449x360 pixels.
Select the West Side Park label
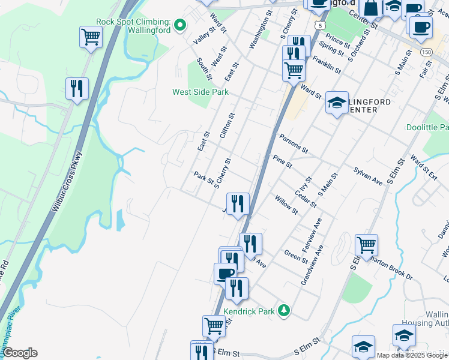pos(200,92)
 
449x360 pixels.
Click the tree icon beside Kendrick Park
pos(284,311)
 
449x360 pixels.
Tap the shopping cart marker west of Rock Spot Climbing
pos(91,37)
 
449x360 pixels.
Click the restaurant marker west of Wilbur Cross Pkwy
pos(77,89)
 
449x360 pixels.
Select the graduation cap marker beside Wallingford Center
pos(337,103)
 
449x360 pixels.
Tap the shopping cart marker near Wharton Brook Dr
pos(366,245)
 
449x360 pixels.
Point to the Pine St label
pos(282,161)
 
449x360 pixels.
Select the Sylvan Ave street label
pos(368,176)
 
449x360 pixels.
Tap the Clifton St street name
pos(228,126)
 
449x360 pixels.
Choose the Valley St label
pos(203,35)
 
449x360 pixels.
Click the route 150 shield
pos(426,52)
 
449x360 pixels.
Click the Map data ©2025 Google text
pos(412,355)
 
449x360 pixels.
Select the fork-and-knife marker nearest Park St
pos(238,203)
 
